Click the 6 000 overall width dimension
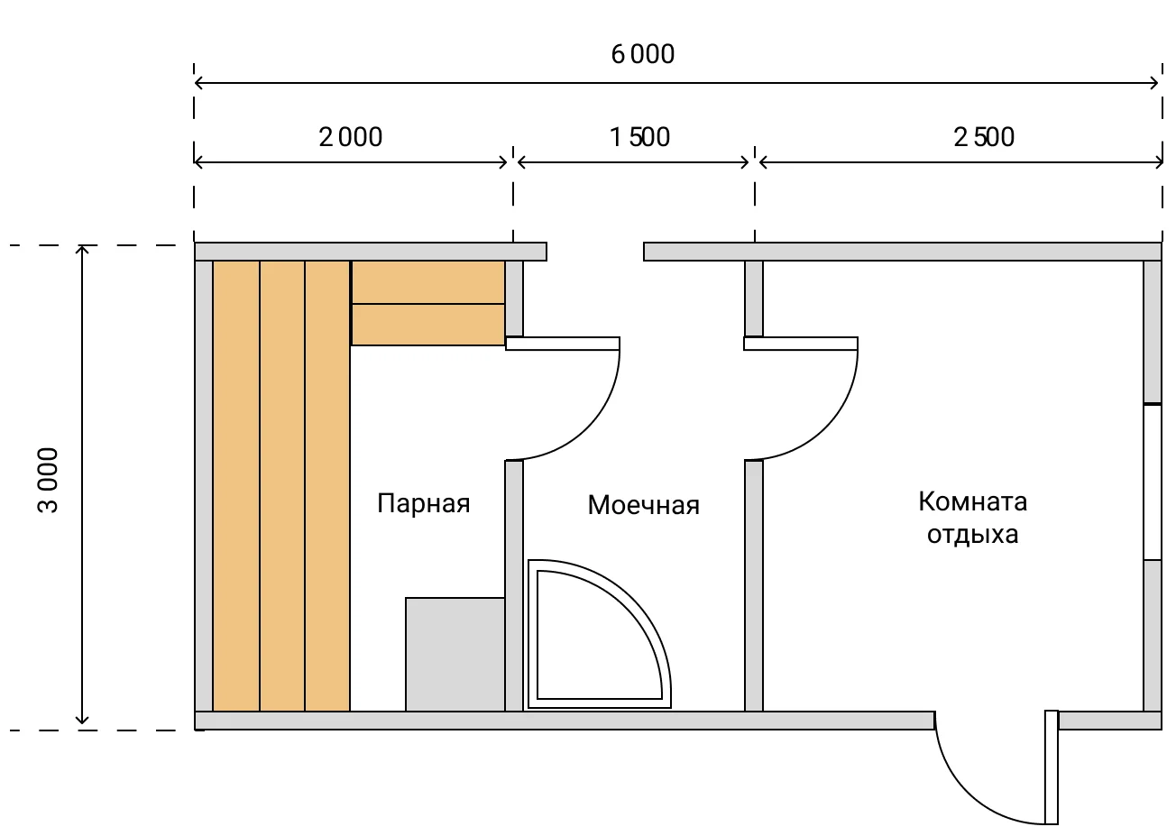point(642,55)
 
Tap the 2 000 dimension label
point(351,137)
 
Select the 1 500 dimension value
point(639,137)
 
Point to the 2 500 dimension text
point(984,137)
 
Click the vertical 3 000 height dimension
point(49,480)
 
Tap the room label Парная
point(423,503)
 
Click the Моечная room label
point(643,505)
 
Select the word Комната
point(972,501)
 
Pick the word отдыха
point(972,535)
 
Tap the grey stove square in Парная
point(455,654)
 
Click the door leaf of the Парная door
point(563,344)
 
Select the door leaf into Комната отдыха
point(800,344)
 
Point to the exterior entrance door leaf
point(1051,767)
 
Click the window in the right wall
point(1152,482)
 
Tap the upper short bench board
point(427,282)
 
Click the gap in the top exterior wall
point(595,252)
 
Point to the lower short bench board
point(427,325)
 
